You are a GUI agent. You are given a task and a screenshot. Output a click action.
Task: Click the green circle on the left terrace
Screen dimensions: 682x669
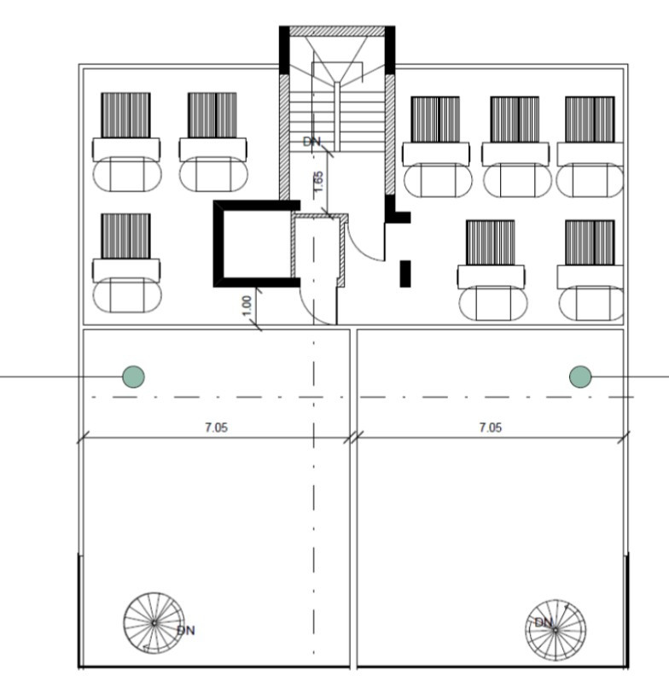click(x=133, y=376)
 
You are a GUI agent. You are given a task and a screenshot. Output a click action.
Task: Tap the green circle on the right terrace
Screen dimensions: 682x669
click(x=580, y=376)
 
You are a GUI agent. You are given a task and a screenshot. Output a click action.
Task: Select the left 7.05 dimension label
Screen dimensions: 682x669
click(x=216, y=428)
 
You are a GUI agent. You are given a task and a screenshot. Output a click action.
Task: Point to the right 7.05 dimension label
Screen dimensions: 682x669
click(x=490, y=428)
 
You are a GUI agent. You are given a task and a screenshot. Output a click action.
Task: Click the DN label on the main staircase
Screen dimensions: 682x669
click(x=312, y=142)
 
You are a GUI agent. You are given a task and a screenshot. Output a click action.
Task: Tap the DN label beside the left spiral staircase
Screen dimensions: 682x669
click(x=186, y=631)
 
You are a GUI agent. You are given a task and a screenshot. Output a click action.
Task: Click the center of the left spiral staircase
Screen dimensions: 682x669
click(x=154, y=622)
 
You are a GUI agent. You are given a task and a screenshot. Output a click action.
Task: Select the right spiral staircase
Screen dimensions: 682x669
click(x=556, y=628)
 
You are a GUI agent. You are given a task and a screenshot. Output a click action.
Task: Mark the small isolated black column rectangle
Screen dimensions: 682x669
click(x=406, y=273)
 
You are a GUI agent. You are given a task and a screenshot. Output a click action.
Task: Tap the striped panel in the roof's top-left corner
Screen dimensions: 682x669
click(x=125, y=114)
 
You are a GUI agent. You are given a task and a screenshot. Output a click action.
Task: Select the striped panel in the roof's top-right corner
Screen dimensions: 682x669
click(x=590, y=119)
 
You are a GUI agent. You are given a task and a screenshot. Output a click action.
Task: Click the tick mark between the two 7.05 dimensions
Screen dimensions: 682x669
click(x=353, y=439)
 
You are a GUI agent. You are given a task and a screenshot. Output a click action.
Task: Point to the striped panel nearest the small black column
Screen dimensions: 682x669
click(x=490, y=242)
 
